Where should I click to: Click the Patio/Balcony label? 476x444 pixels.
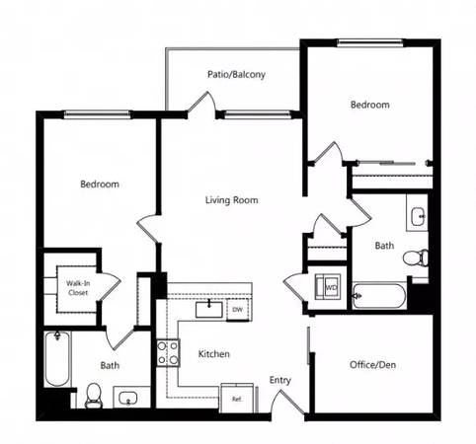coord(236,75)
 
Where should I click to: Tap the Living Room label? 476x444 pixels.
coord(231,200)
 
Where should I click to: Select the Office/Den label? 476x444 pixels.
coord(372,365)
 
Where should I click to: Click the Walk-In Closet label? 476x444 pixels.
coord(78,288)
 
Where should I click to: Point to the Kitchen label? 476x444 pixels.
coord(214,354)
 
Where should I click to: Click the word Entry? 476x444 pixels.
coord(280,380)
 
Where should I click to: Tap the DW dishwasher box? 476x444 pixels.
coord(237,310)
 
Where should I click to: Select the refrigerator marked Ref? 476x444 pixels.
coord(237,399)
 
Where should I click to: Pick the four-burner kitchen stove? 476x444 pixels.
coord(168,353)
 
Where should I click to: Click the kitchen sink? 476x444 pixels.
coord(209,310)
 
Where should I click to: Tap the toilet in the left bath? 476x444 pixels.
coord(94,396)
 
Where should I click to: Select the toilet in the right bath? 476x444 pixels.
coord(416,258)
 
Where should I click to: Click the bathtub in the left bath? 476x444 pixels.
coord(57,359)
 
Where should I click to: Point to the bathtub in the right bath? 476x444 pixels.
coord(379,296)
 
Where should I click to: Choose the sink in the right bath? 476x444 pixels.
coord(419,216)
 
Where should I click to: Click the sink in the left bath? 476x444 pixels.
coord(128,398)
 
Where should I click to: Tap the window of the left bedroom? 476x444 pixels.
coord(97,114)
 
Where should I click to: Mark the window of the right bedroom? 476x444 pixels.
coord(370,42)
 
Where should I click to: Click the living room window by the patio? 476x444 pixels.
coord(258,114)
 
